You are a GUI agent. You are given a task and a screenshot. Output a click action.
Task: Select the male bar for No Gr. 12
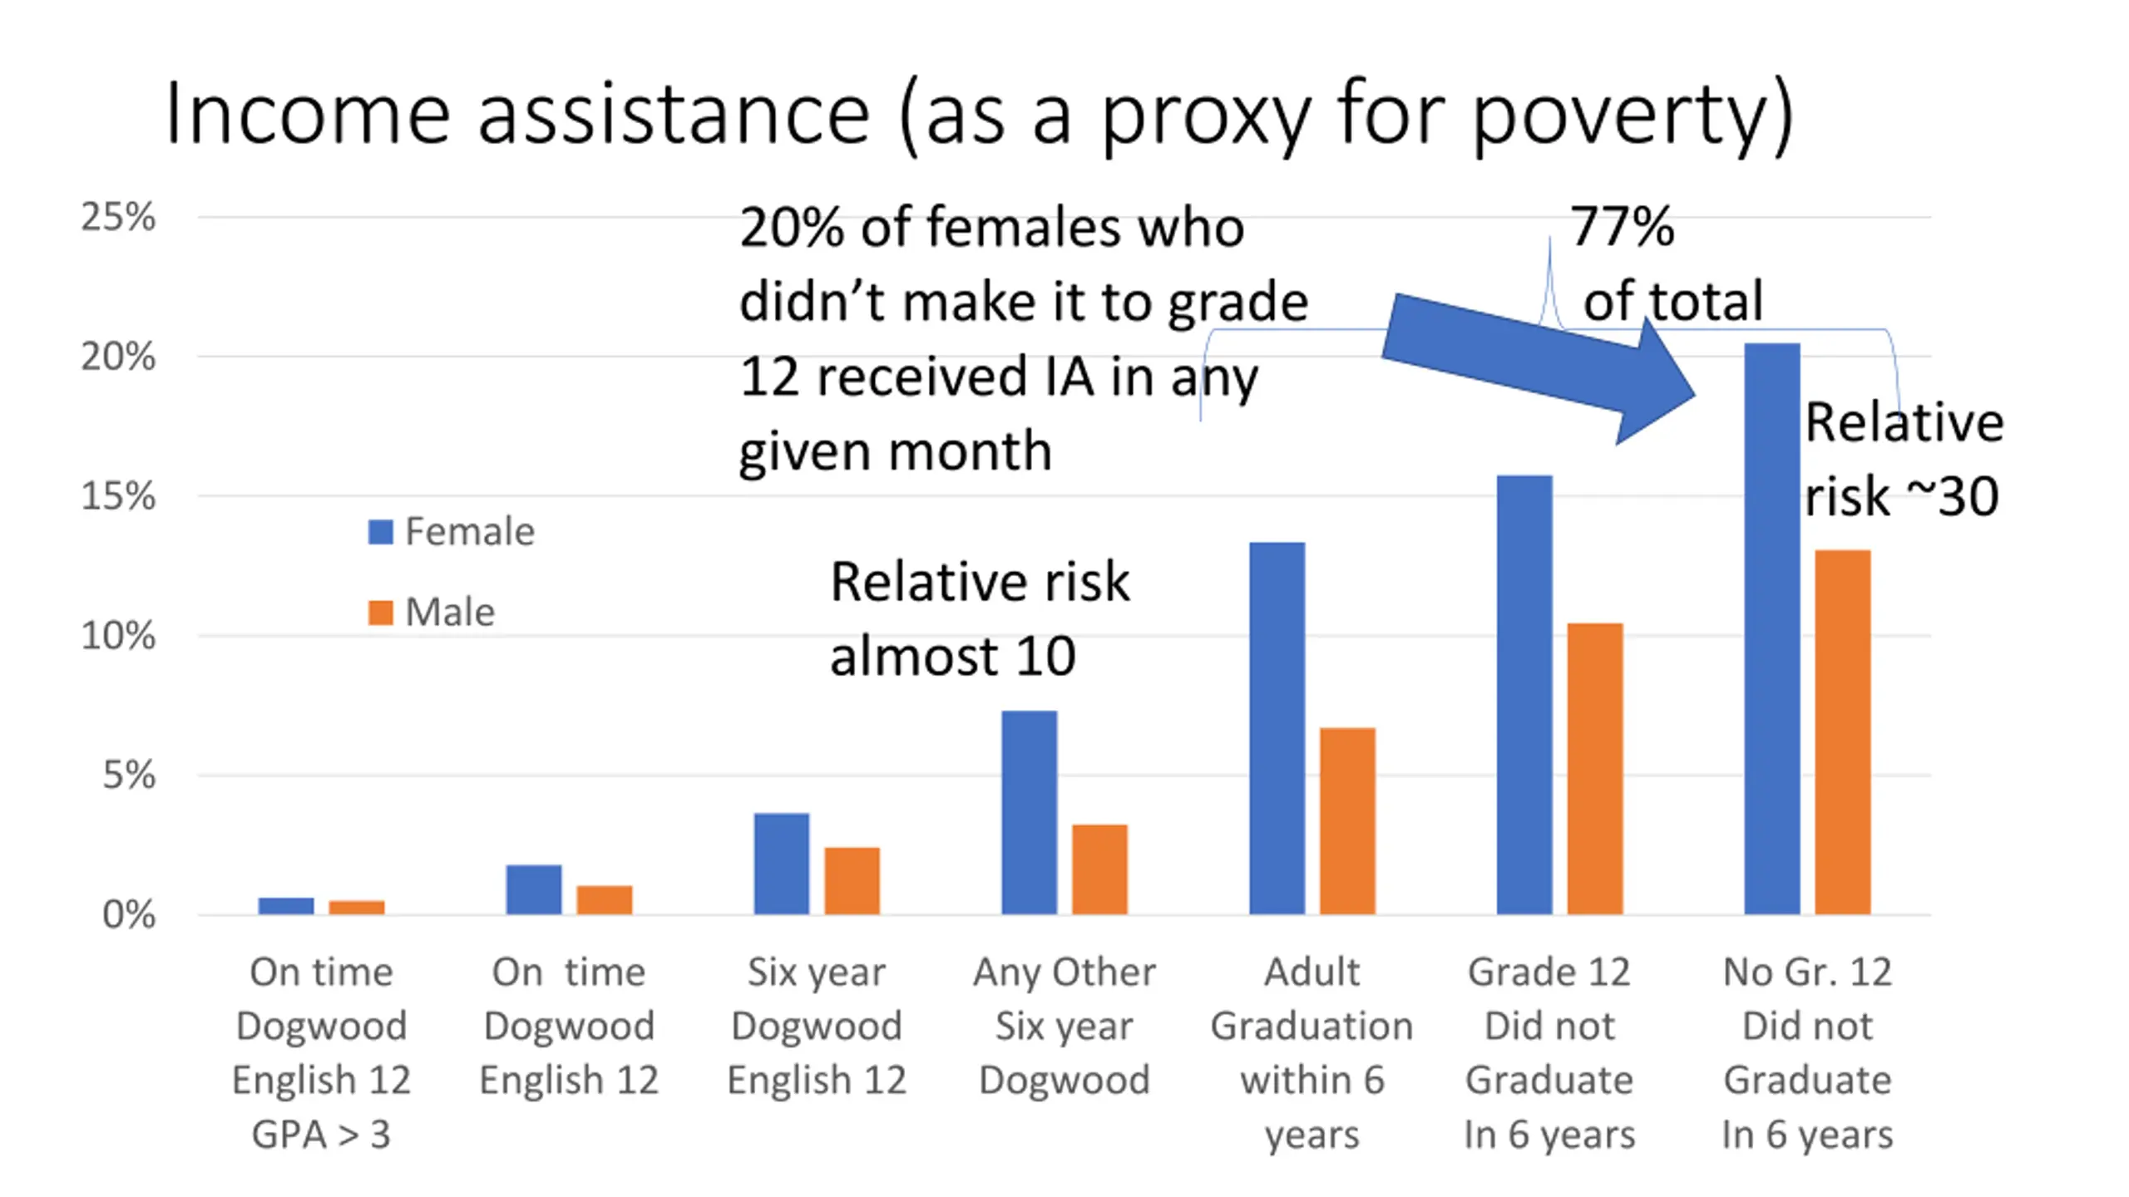click(1842, 731)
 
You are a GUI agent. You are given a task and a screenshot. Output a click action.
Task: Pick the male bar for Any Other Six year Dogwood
click(1099, 869)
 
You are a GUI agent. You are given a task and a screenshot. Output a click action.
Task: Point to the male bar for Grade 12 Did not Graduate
click(1594, 769)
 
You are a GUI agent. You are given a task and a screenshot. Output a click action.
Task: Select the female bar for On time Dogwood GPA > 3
click(286, 905)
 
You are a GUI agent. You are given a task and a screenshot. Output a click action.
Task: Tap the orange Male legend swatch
click(380, 613)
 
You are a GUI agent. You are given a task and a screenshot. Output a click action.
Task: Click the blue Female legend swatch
click(380, 532)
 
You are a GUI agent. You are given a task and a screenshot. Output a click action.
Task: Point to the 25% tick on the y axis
click(118, 218)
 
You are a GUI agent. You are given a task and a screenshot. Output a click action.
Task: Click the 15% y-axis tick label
click(118, 497)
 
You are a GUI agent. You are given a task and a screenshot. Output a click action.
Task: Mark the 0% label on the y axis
click(129, 915)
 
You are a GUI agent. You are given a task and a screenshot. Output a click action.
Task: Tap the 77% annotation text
click(1622, 226)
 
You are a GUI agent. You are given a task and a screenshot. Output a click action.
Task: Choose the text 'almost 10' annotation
click(953, 657)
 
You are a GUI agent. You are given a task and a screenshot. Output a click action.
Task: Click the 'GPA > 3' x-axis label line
click(321, 1134)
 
